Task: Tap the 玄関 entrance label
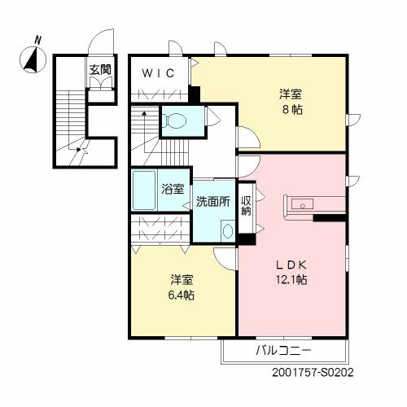[x=101, y=68]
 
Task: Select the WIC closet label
[x=159, y=73]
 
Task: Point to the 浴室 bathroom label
[x=172, y=190]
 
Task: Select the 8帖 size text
[x=290, y=108]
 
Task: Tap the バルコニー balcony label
[x=285, y=351]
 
